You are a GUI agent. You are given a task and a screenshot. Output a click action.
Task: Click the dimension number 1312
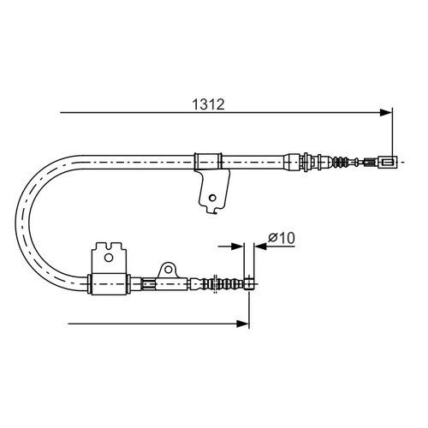pyautogui.click(x=208, y=104)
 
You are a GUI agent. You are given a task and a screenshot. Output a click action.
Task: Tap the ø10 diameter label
pyautogui.click(x=282, y=238)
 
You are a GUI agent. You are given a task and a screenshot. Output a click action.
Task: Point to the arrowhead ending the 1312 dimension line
pyautogui.click(x=386, y=113)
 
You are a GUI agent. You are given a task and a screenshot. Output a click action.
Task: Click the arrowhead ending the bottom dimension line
pyautogui.click(x=243, y=324)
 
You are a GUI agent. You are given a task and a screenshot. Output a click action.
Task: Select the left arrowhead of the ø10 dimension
pyautogui.click(x=237, y=247)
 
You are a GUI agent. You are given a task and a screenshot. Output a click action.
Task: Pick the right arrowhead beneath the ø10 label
pyautogui.click(x=260, y=247)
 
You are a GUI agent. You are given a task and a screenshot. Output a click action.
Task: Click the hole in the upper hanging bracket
pyautogui.click(x=212, y=198)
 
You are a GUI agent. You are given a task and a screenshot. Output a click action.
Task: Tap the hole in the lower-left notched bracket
pyautogui.click(x=109, y=258)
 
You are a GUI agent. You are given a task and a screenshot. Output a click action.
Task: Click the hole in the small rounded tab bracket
pyautogui.click(x=169, y=270)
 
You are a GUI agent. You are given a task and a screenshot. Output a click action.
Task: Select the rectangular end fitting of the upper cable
pyautogui.click(x=388, y=162)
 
